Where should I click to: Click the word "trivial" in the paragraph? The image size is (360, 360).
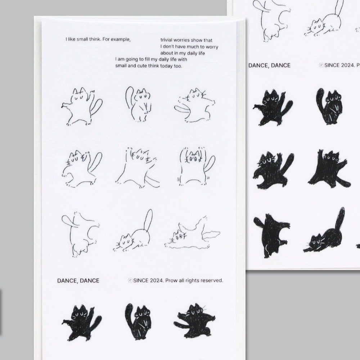coord(166,40)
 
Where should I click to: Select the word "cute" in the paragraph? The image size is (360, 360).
coord(142,66)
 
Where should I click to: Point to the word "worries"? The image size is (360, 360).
coord(181,40)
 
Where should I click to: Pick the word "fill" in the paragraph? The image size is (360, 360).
coord(147,59)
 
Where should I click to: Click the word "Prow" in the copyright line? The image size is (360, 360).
coord(171,280)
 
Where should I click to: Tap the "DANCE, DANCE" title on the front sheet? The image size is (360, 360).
coord(78,280)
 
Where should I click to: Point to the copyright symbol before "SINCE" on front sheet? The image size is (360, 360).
coord(130,280)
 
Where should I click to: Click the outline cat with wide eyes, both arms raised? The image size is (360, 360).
coord(197,166)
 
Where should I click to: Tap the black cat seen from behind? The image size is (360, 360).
coord(271,235)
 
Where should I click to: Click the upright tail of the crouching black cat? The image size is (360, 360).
coord(339,218)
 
